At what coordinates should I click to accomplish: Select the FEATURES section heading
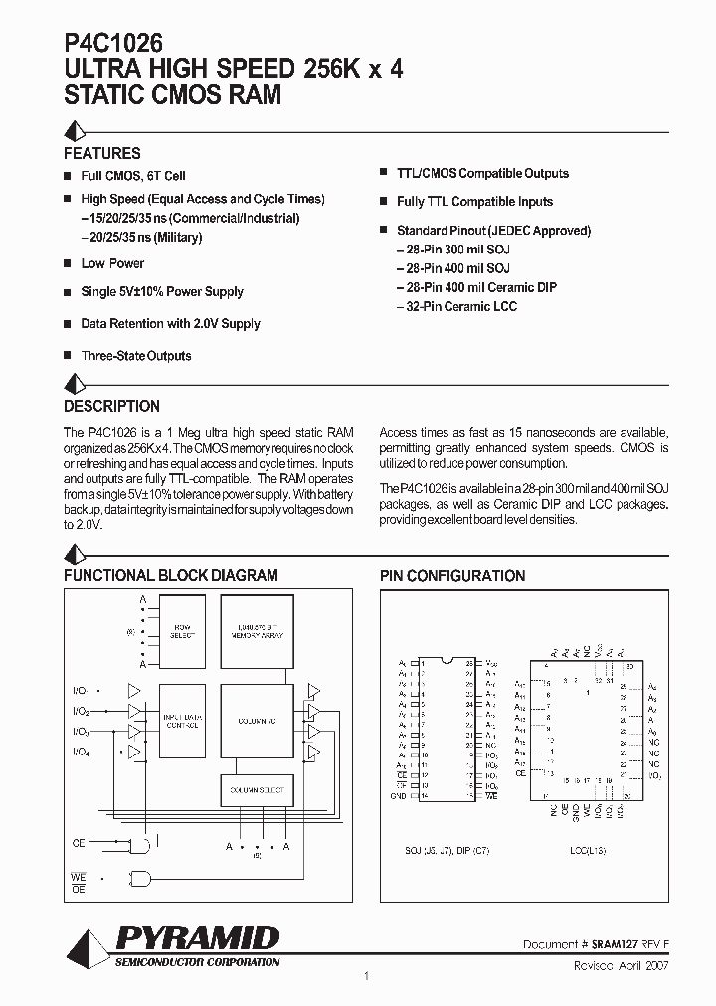102,153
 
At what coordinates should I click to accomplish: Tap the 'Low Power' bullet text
112,263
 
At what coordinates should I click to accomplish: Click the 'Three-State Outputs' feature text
135,355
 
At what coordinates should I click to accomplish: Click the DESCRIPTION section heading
111,406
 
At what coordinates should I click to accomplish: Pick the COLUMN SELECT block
257,790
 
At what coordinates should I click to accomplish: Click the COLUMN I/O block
257,721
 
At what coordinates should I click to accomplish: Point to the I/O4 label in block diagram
81,753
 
